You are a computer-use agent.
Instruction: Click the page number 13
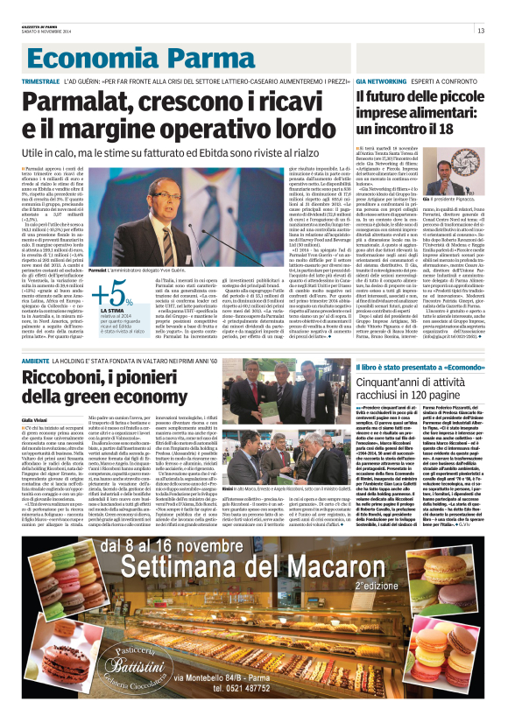pos(481,32)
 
